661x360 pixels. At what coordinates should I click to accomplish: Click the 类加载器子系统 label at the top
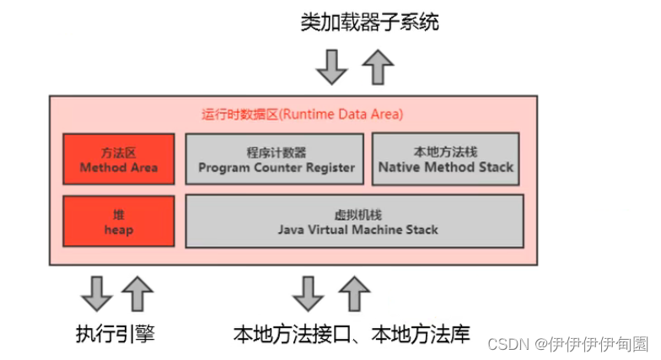point(369,22)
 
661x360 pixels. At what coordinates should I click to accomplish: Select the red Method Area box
point(118,159)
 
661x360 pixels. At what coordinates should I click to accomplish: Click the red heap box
point(118,222)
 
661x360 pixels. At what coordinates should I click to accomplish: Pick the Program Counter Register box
point(275,159)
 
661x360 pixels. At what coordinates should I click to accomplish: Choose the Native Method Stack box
point(446,159)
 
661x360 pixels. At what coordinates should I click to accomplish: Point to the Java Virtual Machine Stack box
point(354,222)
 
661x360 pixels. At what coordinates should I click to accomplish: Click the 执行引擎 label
point(115,334)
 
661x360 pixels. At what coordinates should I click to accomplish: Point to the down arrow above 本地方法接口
point(309,293)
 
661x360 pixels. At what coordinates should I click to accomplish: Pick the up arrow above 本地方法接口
point(353,292)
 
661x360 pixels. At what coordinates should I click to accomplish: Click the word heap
point(118,229)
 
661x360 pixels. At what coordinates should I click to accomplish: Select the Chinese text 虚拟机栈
point(354,214)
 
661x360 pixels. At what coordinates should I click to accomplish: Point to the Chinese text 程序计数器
point(276,152)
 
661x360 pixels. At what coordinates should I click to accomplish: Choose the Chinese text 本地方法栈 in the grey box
point(446,152)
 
